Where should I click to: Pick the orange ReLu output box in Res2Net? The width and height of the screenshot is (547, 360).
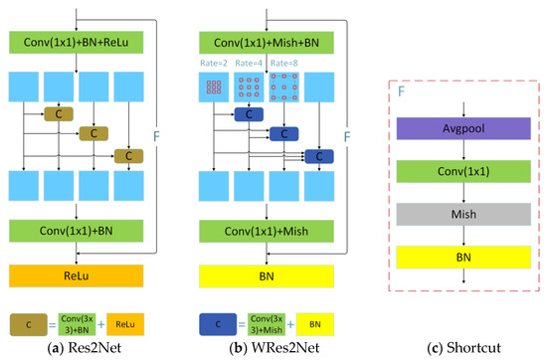pyautogui.click(x=78, y=274)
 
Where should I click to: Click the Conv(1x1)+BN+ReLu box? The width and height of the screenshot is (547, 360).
pyautogui.click(x=78, y=43)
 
